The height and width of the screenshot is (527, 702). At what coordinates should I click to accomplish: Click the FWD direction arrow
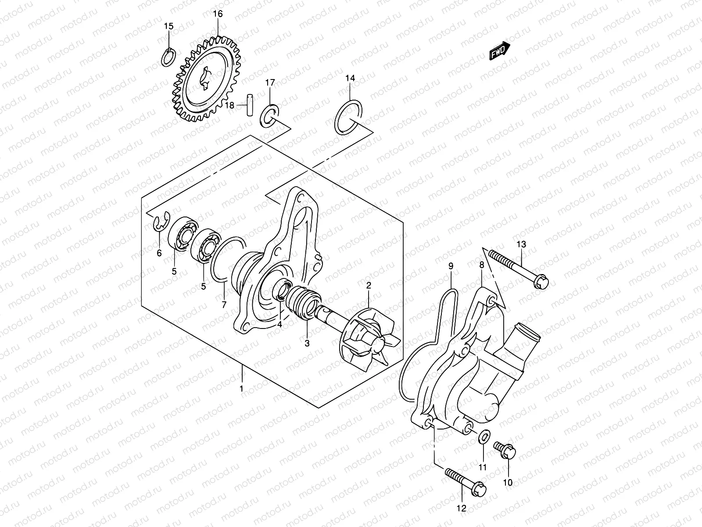499,51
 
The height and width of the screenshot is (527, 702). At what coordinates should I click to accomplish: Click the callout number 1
241,388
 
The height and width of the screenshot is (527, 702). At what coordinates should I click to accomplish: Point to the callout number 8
482,265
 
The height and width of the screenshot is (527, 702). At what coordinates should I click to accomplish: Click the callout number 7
224,304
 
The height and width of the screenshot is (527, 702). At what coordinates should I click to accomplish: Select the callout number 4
279,325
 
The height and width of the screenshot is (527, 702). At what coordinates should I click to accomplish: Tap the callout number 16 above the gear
218,14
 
